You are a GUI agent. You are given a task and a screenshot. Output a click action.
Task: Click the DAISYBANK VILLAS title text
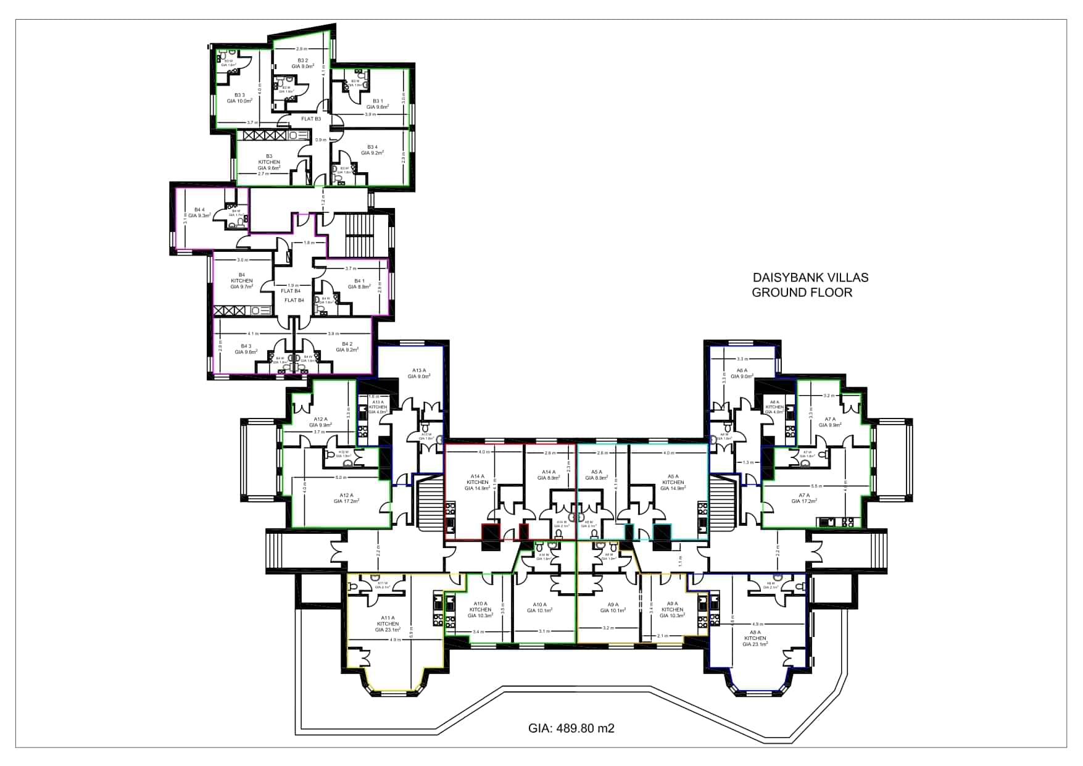pyautogui.click(x=810, y=278)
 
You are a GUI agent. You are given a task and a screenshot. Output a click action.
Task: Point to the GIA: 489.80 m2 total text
pyautogui.click(x=571, y=728)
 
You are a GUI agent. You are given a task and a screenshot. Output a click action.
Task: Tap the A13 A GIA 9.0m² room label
pyautogui.click(x=419, y=373)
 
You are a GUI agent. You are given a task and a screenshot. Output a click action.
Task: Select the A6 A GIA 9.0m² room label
pyautogui.click(x=741, y=373)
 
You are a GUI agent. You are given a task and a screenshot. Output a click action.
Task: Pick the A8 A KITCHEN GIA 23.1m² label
pyautogui.click(x=755, y=638)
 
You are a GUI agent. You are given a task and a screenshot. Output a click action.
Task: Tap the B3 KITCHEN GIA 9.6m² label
pyautogui.click(x=269, y=162)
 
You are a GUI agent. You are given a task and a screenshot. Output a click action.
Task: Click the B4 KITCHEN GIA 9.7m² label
pyautogui.click(x=242, y=281)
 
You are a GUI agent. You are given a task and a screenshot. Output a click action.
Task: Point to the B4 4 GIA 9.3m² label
pyautogui.click(x=199, y=212)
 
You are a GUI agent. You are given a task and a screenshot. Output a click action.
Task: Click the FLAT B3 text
pyautogui.click(x=310, y=119)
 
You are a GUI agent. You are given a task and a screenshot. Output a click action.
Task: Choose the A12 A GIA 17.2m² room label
pyautogui.click(x=346, y=498)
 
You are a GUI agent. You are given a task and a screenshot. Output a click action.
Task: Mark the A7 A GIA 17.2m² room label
pyautogui.click(x=803, y=498)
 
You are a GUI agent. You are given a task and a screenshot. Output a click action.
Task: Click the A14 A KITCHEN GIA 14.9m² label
pyautogui.click(x=477, y=482)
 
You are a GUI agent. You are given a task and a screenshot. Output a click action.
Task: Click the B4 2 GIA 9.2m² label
pyautogui.click(x=347, y=347)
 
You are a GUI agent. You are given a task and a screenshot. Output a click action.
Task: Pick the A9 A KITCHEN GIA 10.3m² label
pyautogui.click(x=671, y=609)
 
